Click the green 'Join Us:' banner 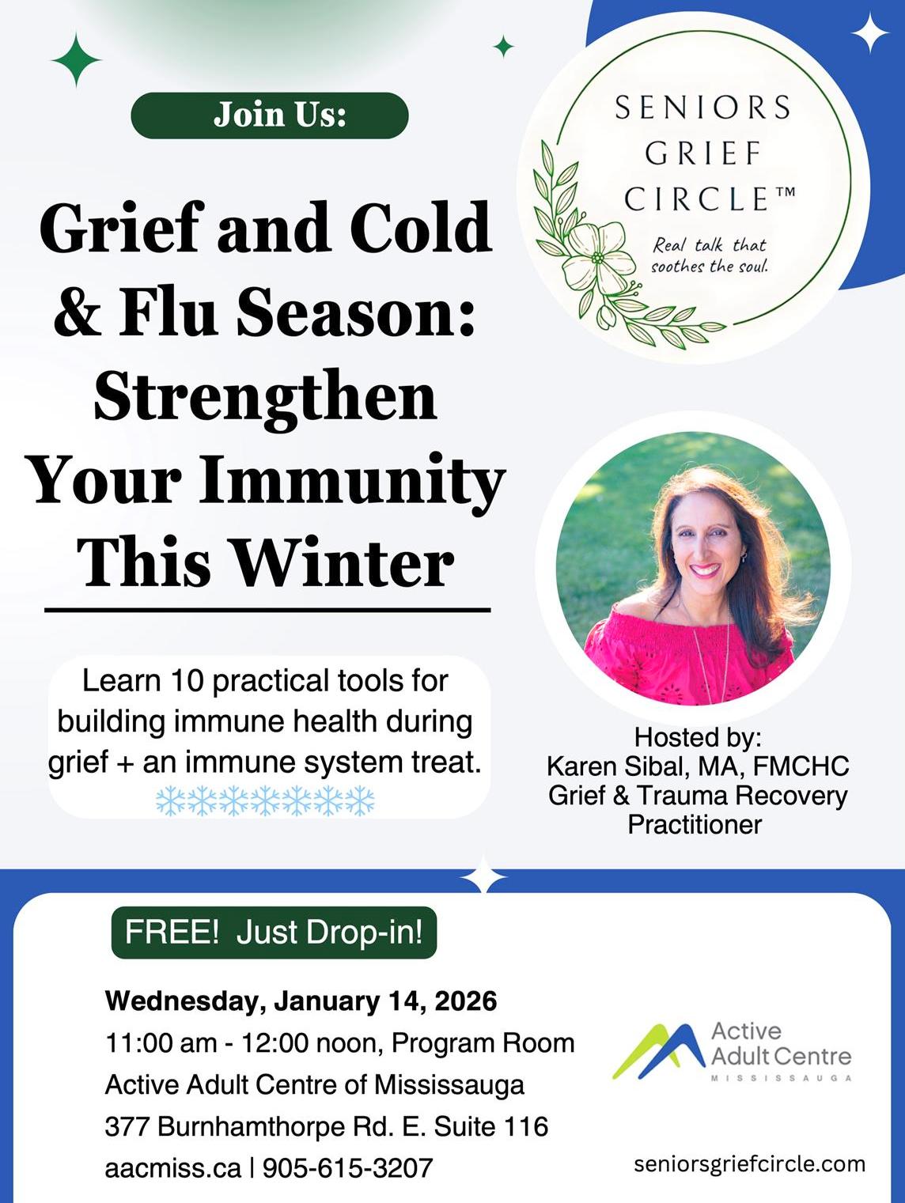(x=269, y=115)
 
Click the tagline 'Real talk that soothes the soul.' (x=709, y=255)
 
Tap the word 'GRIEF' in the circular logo (x=702, y=153)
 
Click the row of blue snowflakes (x=265, y=800)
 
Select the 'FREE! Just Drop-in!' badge (x=274, y=933)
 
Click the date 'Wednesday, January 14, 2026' (x=301, y=1001)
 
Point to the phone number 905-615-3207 (x=347, y=1167)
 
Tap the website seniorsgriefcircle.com (x=749, y=1163)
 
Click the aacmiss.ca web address (x=172, y=1167)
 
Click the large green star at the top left (x=76, y=60)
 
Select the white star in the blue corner (x=869, y=33)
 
